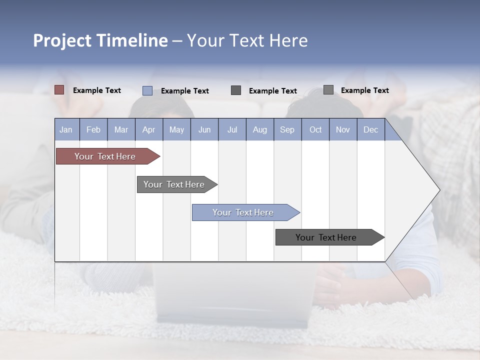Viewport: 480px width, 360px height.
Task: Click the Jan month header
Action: tap(66, 129)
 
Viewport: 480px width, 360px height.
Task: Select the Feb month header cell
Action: tap(93, 129)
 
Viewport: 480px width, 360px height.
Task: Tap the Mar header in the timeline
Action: tap(121, 129)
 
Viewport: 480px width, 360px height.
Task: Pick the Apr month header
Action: tap(148, 129)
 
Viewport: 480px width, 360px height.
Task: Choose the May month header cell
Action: tap(176, 129)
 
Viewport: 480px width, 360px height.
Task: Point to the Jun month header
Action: tap(204, 129)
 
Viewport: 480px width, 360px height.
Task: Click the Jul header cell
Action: tap(232, 129)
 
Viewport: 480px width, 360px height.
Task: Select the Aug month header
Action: tap(260, 129)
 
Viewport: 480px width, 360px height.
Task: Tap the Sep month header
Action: tap(287, 129)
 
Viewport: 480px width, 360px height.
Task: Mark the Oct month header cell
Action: tap(315, 129)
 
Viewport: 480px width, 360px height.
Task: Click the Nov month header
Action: tap(343, 129)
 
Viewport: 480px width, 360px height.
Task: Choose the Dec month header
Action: tap(371, 129)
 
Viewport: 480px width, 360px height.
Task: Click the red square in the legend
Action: tap(59, 90)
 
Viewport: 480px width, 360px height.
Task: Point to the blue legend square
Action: tap(147, 90)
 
